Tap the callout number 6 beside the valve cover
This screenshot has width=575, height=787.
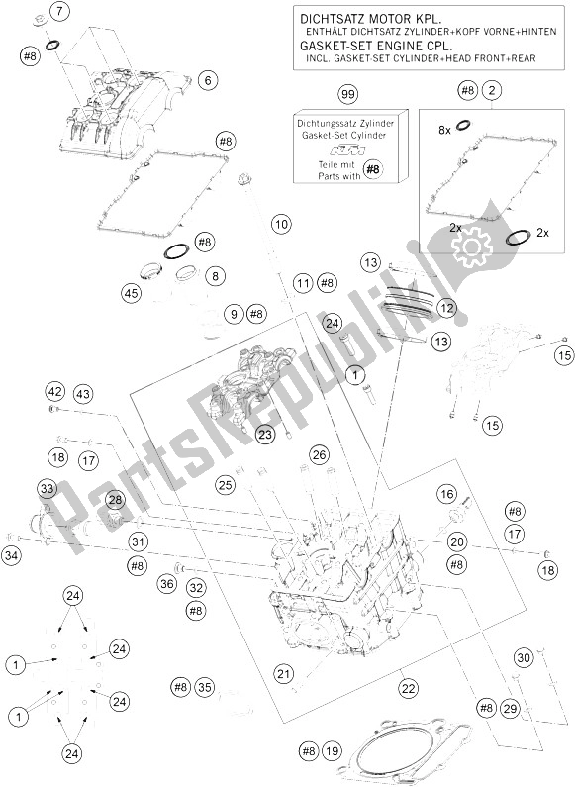coord(206,79)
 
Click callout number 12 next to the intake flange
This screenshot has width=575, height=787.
coord(447,309)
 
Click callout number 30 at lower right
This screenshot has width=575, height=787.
coord(525,657)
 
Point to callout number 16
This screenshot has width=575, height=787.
coord(447,494)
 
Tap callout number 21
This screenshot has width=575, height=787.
coord(285,674)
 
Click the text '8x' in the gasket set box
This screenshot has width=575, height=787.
coord(445,129)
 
